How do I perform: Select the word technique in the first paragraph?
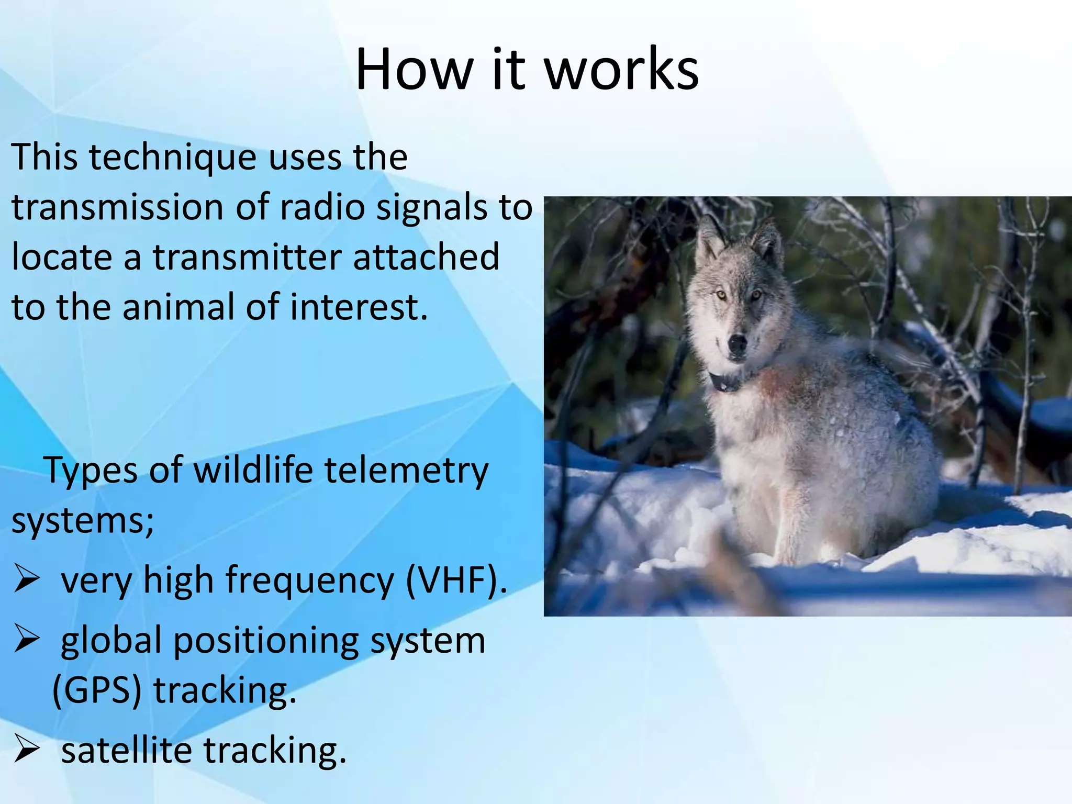173,158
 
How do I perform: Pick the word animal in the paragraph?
178,307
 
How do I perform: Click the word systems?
83,521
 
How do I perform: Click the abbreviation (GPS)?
97,690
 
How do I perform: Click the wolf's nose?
737,344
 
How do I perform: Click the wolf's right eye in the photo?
722,296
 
